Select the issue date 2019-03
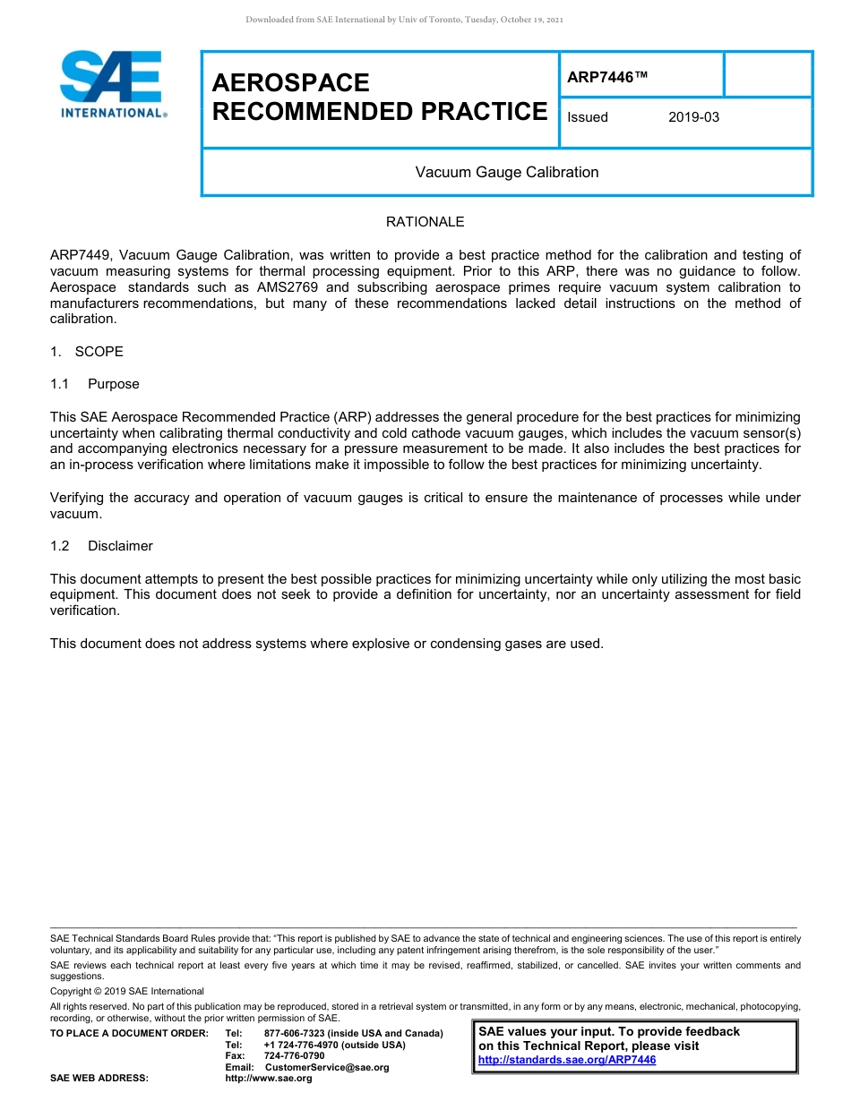(x=693, y=117)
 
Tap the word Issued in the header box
(x=588, y=117)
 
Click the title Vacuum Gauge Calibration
(x=506, y=172)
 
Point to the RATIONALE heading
(x=425, y=222)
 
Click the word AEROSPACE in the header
(x=290, y=83)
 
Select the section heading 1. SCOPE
(x=87, y=352)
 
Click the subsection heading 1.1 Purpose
(x=95, y=384)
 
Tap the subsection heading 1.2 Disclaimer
(x=101, y=546)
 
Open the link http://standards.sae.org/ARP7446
(x=567, y=1060)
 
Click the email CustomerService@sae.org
(x=327, y=1067)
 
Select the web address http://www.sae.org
(x=269, y=1079)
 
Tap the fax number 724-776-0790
(x=294, y=1056)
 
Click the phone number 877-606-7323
(x=295, y=1034)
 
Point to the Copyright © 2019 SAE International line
(x=127, y=991)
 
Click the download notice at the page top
(x=404, y=20)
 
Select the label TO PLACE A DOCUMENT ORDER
(x=129, y=1034)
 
